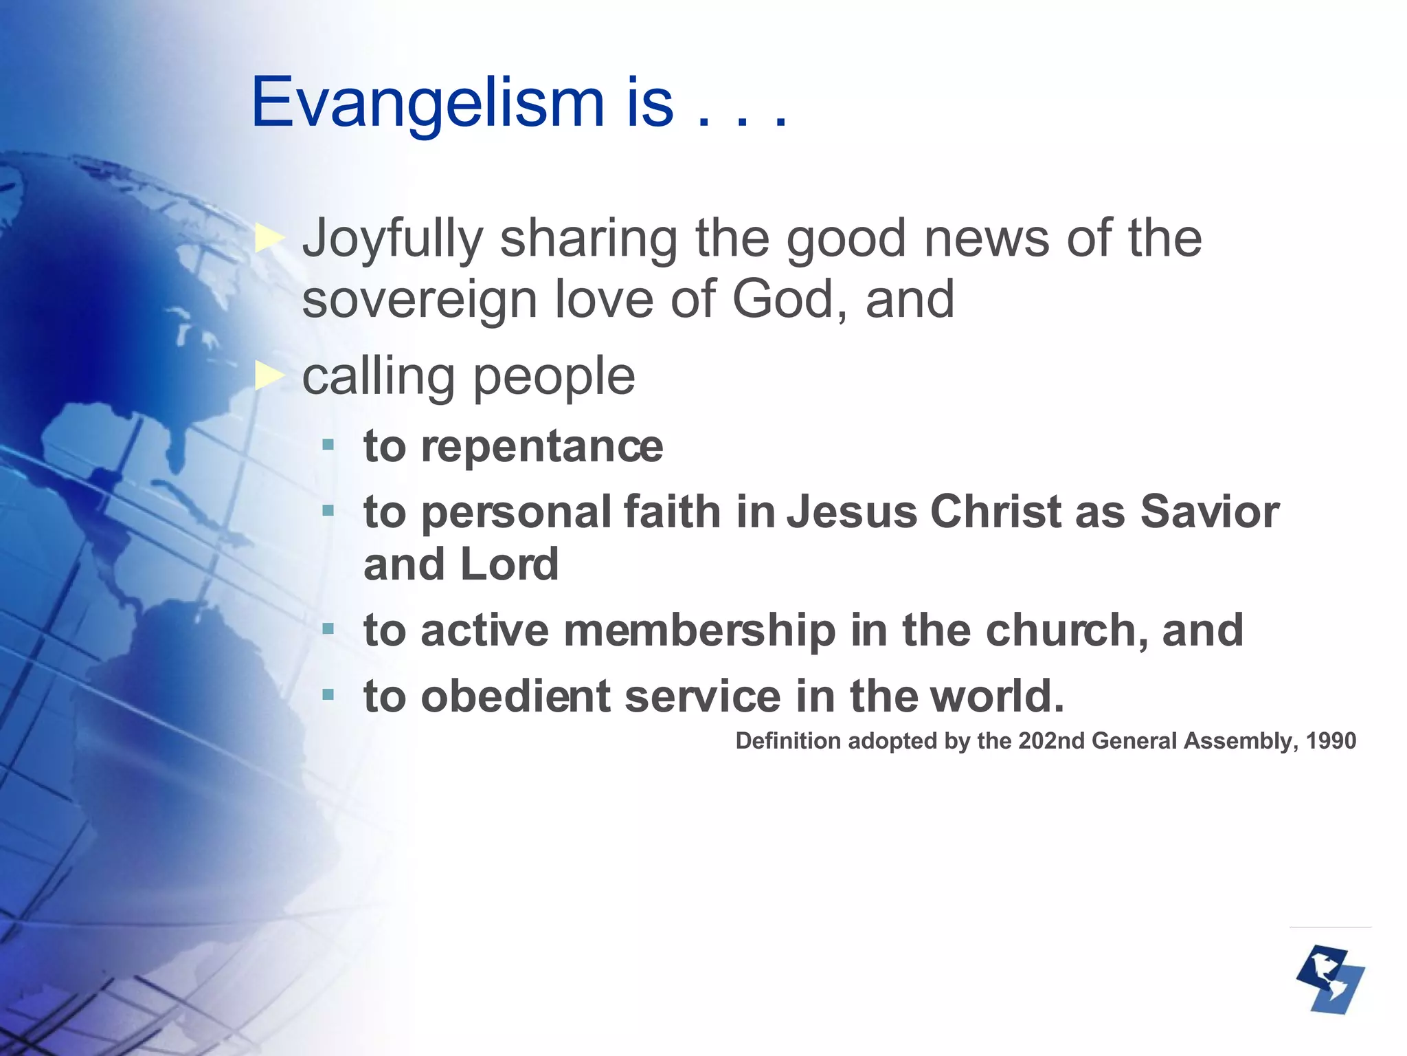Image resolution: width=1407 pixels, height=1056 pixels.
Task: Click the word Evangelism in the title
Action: click(x=427, y=103)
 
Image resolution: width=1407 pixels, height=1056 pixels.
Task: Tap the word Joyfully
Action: click(x=393, y=239)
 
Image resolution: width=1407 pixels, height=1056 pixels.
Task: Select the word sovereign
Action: click(x=419, y=300)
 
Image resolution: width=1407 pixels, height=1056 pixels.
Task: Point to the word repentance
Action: click(x=541, y=446)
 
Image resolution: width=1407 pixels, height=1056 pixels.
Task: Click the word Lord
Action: click(x=508, y=564)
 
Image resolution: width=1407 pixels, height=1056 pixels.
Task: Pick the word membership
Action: click(x=699, y=630)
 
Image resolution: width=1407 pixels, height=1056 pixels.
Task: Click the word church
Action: click(x=1066, y=630)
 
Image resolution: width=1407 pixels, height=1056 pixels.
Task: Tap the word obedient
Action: click(x=515, y=696)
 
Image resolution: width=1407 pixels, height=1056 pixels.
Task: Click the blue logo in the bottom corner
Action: click(x=1331, y=980)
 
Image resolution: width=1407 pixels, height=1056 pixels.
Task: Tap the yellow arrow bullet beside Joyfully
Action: click(x=269, y=239)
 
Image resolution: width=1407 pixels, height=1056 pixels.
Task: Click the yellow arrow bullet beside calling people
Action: click(x=269, y=376)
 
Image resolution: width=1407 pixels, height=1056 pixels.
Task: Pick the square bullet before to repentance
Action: click(x=328, y=445)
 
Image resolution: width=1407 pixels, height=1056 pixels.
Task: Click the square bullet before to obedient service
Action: click(x=328, y=696)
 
